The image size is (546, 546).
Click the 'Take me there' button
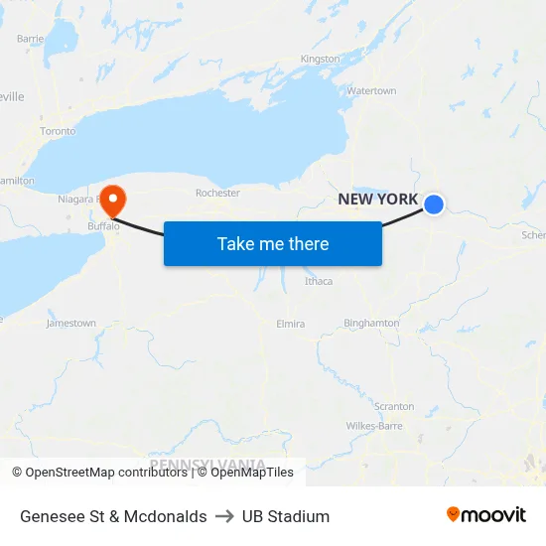272,243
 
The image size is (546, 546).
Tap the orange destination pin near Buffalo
112,198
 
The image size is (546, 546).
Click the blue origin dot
434,205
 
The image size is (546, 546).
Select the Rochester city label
217,193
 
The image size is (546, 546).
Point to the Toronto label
58,131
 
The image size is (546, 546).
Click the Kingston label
320,60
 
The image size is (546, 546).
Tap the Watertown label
371,91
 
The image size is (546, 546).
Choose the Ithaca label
319,281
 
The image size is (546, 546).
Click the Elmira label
290,324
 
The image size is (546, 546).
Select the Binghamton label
371,323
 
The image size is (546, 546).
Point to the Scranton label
394,406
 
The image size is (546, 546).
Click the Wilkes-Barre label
374,426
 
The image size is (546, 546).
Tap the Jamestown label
71,324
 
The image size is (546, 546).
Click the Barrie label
31,39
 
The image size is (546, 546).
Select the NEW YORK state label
378,200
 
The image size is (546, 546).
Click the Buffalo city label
102,226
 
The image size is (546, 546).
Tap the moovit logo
485,515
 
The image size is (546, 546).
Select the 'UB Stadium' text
286,516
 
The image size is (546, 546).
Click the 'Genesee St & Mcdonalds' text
113,516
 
